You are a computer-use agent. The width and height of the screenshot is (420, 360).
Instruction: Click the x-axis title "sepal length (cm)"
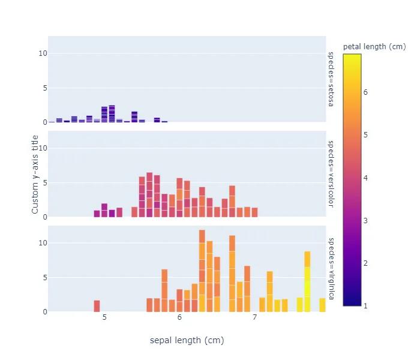(187, 340)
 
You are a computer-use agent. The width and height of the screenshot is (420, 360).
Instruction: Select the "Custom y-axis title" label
(35, 174)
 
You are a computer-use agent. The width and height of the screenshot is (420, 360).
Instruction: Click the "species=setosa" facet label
(330, 79)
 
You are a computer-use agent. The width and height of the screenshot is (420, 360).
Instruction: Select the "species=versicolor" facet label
(330, 174)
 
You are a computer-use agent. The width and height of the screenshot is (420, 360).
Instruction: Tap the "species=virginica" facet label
(330, 268)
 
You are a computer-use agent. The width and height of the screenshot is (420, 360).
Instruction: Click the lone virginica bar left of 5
(97, 306)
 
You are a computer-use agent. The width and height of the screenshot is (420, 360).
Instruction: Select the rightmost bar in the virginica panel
(322, 305)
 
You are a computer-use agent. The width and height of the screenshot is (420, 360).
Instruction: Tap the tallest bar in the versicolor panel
(149, 195)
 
